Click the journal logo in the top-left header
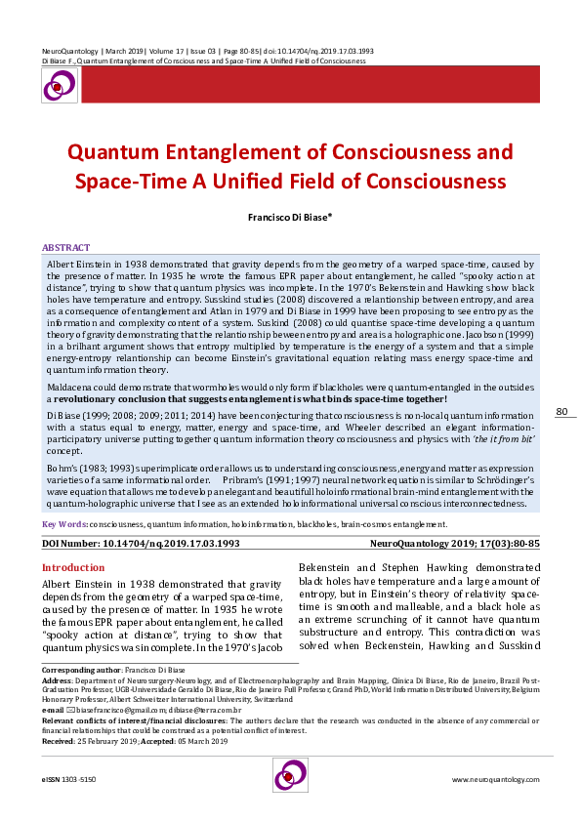pos(58,86)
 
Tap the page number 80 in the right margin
pos(561,439)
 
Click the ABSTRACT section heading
pos(65,248)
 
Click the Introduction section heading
pos(72,567)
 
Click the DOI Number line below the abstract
pos(141,542)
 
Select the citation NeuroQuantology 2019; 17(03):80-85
pos(455,542)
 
